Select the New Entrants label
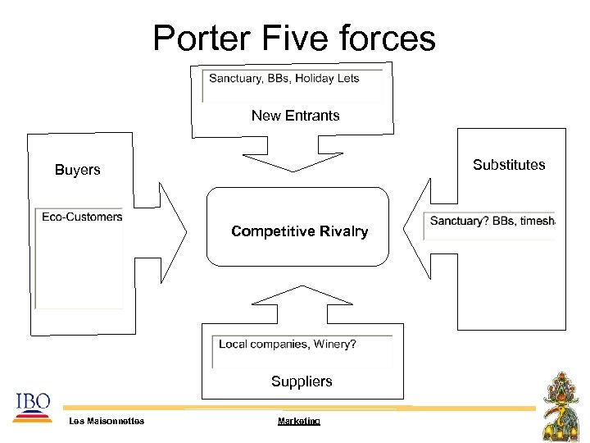point(295,116)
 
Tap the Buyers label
point(77,170)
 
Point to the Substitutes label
point(509,165)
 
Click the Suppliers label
point(302,381)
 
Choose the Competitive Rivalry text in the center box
point(299,231)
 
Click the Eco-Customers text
point(82,217)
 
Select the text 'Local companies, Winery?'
point(287,344)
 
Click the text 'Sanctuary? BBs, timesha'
point(492,221)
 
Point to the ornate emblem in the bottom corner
point(563,406)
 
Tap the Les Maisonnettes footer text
point(107,421)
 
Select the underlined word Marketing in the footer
point(298,421)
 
